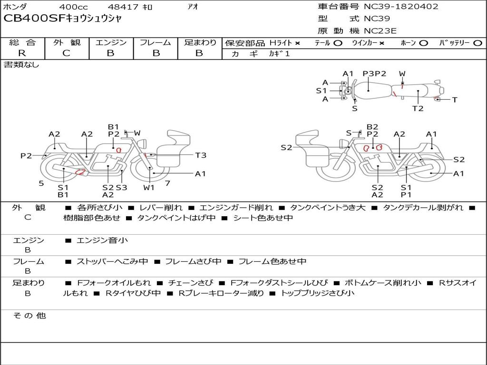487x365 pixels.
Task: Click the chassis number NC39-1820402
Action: (x=401, y=7)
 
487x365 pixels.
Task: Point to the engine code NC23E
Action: (x=380, y=31)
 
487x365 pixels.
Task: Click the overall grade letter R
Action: (x=22, y=53)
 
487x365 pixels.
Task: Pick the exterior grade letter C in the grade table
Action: (x=66, y=53)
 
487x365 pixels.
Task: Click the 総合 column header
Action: (x=22, y=42)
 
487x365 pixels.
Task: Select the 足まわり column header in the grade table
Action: (x=200, y=42)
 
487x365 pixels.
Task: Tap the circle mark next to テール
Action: (x=338, y=43)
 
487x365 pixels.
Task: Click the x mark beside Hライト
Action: (x=297, y=43)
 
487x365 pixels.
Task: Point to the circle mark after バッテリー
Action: (x=477, y=43)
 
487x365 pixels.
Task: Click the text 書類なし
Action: (x=21, y=65)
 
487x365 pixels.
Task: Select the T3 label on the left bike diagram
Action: (x=201, y=155)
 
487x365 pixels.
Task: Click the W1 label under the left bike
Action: (x=149, y=187)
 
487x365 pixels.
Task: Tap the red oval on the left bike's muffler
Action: (x=80, y=172)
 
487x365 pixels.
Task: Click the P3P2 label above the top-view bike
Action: (x=375, y=74)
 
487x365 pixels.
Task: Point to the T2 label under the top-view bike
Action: (x=418, y=108)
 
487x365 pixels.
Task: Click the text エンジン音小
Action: (x=102, y=240)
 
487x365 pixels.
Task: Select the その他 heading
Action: (x=29, y=316)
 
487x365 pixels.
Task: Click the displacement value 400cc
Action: (x=73, y=7)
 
